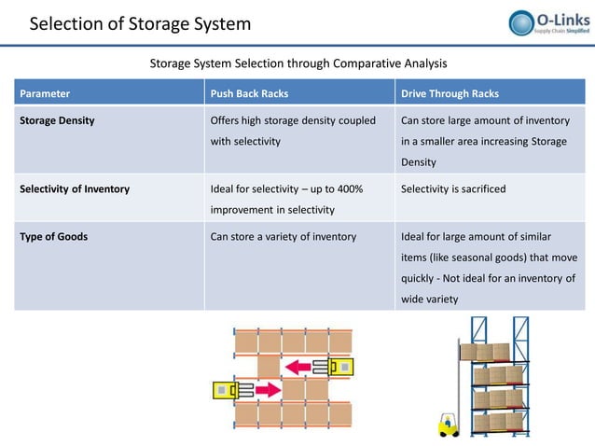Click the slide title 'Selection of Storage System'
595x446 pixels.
140,23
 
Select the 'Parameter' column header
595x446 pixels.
45,93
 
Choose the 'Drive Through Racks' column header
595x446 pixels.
449,93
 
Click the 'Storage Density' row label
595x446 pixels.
57,120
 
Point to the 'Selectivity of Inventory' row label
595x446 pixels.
75,188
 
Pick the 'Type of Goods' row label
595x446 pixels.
54,236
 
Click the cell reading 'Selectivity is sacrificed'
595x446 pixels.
453,188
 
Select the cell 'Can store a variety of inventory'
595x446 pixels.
284,236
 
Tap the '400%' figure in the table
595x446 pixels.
349,188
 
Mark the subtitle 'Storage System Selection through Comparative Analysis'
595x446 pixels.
298,63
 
